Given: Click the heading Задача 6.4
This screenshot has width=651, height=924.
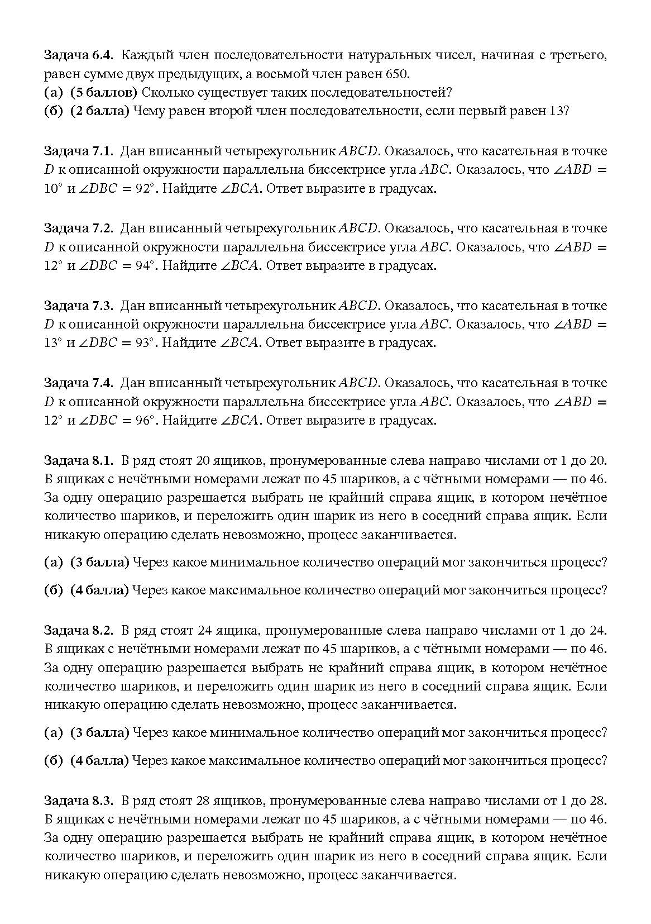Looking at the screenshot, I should (79, 55).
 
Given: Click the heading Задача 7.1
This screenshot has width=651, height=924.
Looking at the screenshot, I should (79, 151).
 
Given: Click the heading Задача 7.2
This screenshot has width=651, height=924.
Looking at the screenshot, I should (79, 228).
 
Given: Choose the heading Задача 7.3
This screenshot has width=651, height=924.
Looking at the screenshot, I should (79, 306).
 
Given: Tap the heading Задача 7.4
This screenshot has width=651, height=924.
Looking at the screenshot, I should (79, 383).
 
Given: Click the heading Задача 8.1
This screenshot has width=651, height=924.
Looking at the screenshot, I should (79, 460).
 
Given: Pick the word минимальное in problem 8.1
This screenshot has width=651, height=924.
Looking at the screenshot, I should (253, 562).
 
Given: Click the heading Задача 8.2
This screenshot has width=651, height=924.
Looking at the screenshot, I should (79, 630).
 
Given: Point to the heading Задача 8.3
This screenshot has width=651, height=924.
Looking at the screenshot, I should (79, 801).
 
